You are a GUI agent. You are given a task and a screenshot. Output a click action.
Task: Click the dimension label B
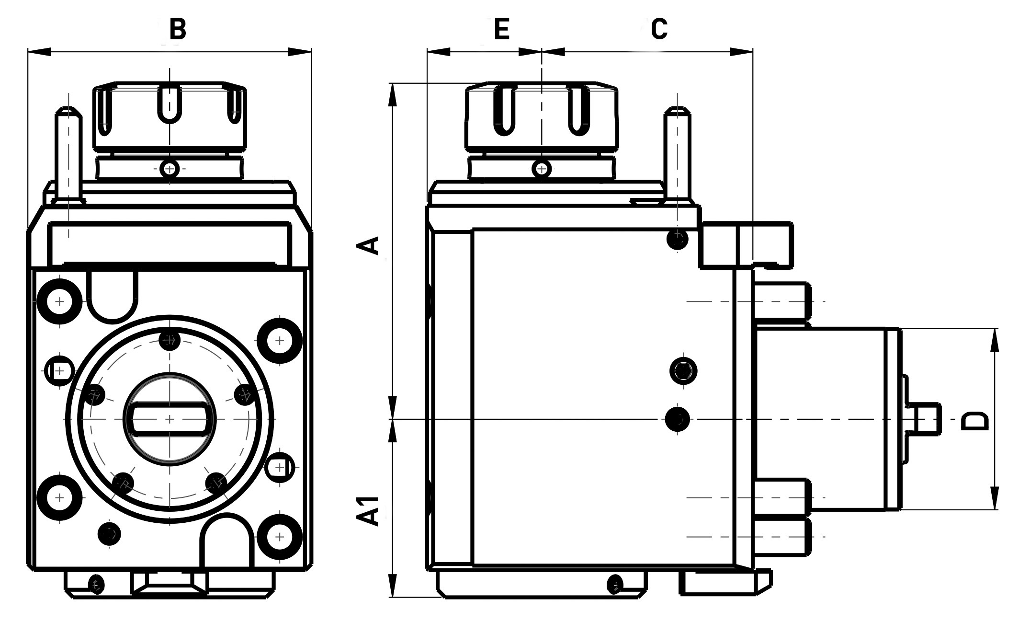[x=178, y=29]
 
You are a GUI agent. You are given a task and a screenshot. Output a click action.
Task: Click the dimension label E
[x=501, y=29]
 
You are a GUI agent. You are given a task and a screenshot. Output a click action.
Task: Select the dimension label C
[x=659, y=29]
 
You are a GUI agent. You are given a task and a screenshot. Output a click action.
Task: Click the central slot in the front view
[x=170, y=419]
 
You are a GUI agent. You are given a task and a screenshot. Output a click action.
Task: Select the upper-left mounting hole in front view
[x=59, y=302]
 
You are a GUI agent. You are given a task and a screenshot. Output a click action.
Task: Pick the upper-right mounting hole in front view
[x=280, y=341]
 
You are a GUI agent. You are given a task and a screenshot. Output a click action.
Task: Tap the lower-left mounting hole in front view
[x=59, y=497]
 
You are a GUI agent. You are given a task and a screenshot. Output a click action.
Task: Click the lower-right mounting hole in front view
[x=280, y=536]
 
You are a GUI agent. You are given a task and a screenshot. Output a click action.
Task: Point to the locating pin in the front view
[x=69, y=153]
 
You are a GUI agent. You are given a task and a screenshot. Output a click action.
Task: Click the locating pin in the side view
[x=677, y=153]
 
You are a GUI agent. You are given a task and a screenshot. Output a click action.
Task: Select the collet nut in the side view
[x=542, y=116]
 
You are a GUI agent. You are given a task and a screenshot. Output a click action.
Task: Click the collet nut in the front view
[x=170, y=116]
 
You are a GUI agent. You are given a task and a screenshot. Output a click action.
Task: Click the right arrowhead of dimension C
[x=742, y=51]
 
